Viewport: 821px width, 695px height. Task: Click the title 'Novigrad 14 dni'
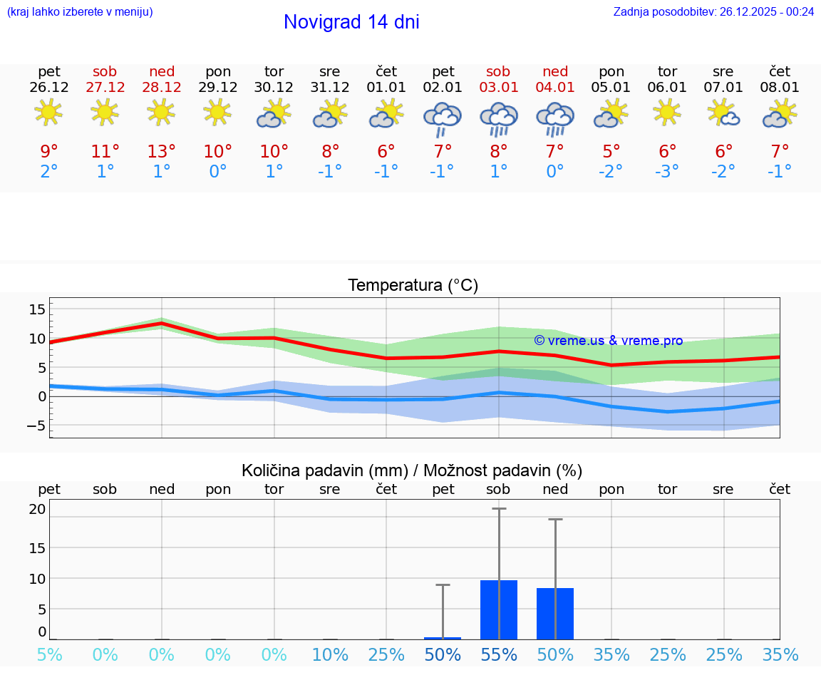pyautogui.click(x=351, y=22)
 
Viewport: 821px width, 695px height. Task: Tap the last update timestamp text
pyautogui.click(x=713, y=11)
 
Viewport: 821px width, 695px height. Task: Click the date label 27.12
pyautogui.click(x=105, y=87)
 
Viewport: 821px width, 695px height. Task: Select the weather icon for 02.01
pyautogui.click(x=443, y=118)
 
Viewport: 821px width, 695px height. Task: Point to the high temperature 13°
pyautogui.click(x=162, y=152)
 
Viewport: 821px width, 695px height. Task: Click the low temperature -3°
pyautogui.click(x=667, y=172)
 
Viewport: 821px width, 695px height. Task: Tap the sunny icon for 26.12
pyautogui.click(x=48, y=112)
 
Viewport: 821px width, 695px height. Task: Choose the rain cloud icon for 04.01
pyautogui.click(x=555, y=118)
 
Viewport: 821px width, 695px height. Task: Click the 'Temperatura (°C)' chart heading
pyautogui.click(x=413, y=286)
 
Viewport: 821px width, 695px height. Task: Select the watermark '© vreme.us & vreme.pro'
pyautogui.click(x=608, y=341)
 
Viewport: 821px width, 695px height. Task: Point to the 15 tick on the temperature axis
pyautogui.click(x=37, y=309)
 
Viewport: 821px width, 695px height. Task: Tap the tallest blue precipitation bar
pyautogui.click(x=499, y=609)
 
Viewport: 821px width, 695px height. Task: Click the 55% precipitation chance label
pyautogui.click(x=499, y=654)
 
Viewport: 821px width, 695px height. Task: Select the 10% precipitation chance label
pyautogui.click(x=330, y=654)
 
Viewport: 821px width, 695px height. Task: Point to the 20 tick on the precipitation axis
pyautogui.click(x=37, y=509)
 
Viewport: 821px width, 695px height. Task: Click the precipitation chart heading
pyautogui.click(x=412, y=470)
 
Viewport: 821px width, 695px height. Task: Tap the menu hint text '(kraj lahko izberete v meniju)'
pyautogui.click(x=80, y=11)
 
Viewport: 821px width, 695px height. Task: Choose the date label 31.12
pyautogui.click(x=330, y=87)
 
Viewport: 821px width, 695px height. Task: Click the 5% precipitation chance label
pyautogui.click(x=49, y=654)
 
